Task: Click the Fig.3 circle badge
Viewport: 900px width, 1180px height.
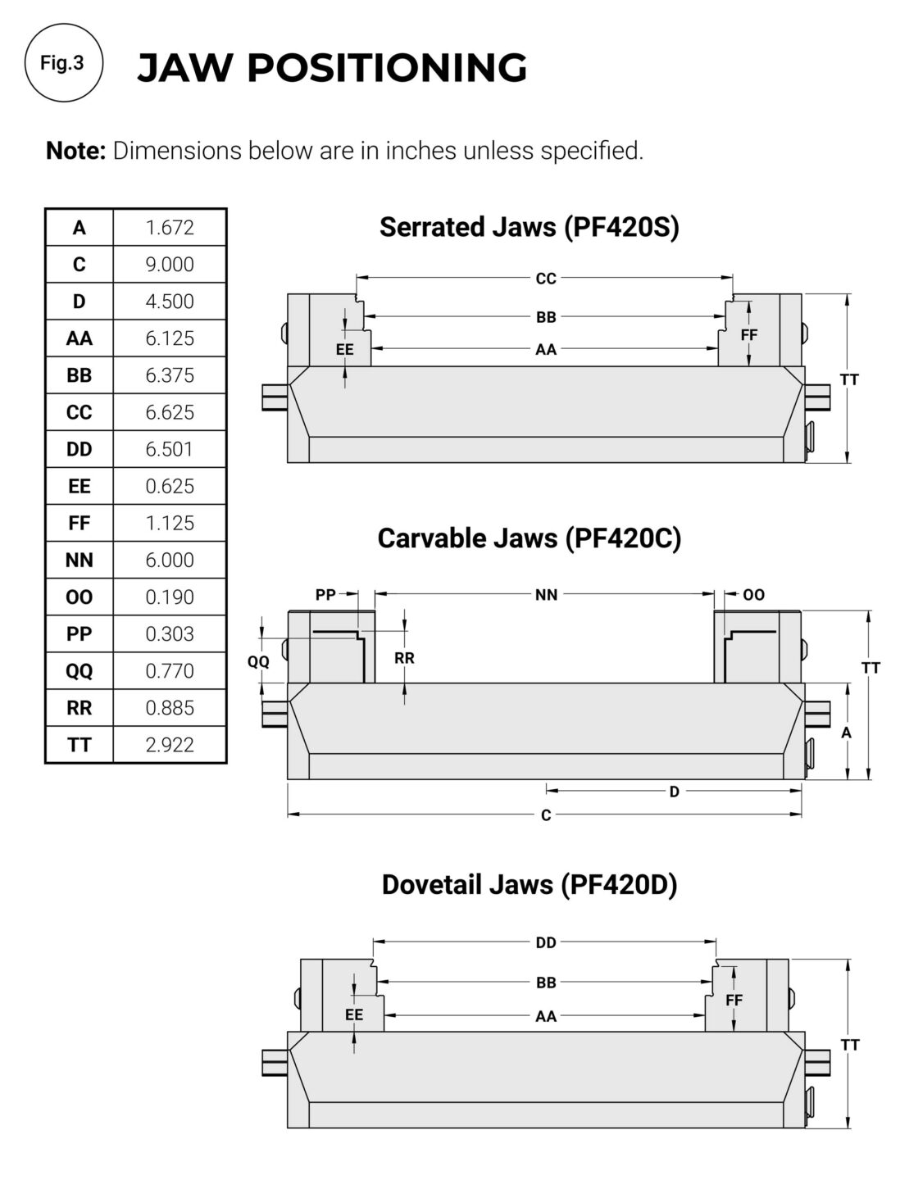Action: click(63, 63)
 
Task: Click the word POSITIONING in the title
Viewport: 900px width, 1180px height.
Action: click(387, 68)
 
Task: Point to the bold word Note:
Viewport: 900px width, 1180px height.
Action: click(75, 151)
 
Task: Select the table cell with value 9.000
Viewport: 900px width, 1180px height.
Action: click(170, 265)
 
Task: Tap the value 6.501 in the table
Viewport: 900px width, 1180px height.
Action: click(170, 449)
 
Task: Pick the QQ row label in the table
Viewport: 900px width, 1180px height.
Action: click(79, 671)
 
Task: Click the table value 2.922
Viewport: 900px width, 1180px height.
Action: click(170, 745)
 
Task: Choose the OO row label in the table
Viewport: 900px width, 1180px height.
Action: click(79, 597)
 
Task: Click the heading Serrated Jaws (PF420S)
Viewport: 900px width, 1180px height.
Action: click(530, 227)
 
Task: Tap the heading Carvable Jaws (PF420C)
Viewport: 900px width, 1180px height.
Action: click(530, 538)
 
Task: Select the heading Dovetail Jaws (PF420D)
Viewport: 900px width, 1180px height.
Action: click(530, 884)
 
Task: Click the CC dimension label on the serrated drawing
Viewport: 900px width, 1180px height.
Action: click(546, 279)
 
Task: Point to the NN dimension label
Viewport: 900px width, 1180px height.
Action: click(546, 595)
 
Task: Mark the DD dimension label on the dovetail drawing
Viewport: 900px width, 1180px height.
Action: click(546, 942)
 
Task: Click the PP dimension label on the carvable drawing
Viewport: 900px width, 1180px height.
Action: click(325, 595)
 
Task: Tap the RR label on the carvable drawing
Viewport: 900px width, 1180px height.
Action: click(404, 658)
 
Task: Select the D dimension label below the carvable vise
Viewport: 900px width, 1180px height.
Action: click(675, 792)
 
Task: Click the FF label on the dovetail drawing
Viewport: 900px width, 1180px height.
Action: click(734, 1000)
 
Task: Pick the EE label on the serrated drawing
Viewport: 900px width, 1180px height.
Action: click(344, 349)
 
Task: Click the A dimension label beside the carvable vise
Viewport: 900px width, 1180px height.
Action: click(846, 733)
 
